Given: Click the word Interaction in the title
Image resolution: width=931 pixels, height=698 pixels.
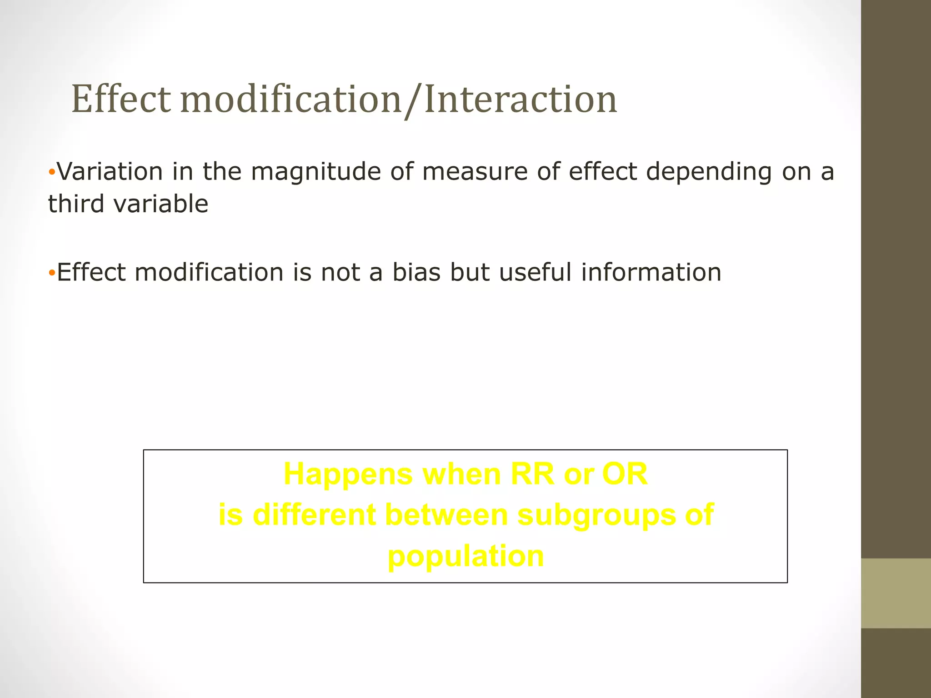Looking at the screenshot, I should (x=521, y=100).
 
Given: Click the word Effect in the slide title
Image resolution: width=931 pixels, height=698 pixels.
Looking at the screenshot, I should (x=121, y=100).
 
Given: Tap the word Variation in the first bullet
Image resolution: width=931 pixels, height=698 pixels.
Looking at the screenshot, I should (x=110, y=172).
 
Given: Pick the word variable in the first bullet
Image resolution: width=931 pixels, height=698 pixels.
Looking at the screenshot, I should (x=161, y=204).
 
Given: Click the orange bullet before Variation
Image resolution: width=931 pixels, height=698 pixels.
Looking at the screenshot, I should (x=52, y=173).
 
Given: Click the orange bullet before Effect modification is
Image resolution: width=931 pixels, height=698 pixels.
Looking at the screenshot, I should (x=52, y=274).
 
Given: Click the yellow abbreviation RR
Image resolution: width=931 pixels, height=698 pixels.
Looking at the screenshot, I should (x=532, y=474).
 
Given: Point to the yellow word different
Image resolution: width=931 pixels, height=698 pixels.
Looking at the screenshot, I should (x=314, y=515).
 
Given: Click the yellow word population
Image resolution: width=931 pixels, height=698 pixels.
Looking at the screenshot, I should (x=465, y=557).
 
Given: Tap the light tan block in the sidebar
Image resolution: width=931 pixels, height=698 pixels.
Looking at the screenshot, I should (x=896, y=593).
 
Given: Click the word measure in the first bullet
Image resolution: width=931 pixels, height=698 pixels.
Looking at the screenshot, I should (x=475, y=172).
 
